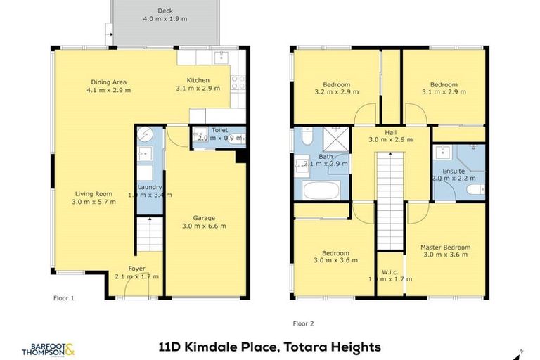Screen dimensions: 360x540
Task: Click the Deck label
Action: pyautogui.click(x=165, y=11)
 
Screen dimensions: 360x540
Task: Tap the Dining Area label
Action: pyautogui.click(x=108, y=81)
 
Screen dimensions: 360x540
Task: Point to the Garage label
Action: pyautogui.click(x=204, y=218)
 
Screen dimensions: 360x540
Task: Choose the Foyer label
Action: pyautogui.click(x=136, y=269)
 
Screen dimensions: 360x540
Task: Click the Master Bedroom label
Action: pyautogui.click(x=445, y=247)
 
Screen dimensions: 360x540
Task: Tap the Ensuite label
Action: pyautogui.click(x=444, y=171)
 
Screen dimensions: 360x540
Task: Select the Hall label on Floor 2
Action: pyautogui.click(x=390, y=131)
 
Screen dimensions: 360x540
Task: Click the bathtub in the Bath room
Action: pyautogui.click(x=321, y=190)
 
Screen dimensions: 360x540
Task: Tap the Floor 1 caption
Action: pyautogui.click(x=63, y=298)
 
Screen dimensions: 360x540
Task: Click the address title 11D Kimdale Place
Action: pyautogui.click(x=269, y=347)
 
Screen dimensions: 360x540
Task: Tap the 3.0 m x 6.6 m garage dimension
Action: pyautogui.click(x=204, y=226)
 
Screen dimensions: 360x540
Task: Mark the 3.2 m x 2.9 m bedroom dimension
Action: pyautogui.click(x=336, y=92)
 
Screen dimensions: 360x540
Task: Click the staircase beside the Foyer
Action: pyautogui.click(x=148, y=233)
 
